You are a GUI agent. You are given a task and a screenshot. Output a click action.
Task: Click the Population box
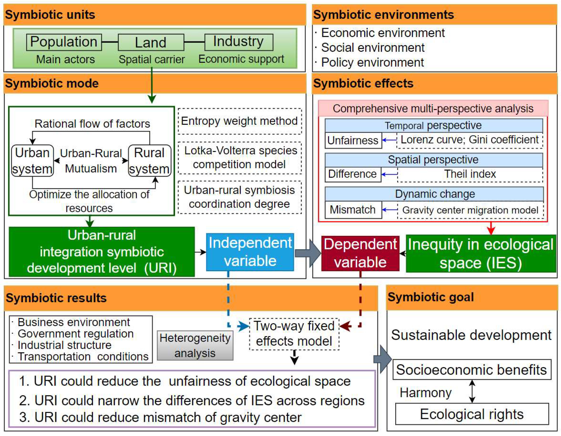pyautogui.click(x=64, y=42)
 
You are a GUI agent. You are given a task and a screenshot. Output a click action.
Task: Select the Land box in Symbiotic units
pyautogui.click(x=151, y=42)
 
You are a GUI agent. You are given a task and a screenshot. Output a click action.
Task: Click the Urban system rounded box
pyautogui.click(x=32, y=161)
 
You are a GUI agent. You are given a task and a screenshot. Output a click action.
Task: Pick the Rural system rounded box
pyautogui.click(x=149, y=161)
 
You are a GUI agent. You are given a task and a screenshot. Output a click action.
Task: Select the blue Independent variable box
pyautogui.click(x=250, y=252)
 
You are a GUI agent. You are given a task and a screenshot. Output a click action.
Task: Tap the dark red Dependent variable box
pyautogui.click(x=360, y=253)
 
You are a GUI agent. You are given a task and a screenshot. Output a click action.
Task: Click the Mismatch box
pyautogui.click(x=353, y=210)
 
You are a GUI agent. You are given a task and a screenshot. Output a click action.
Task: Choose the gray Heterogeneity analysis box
pyautogui.click(x=195, y=345)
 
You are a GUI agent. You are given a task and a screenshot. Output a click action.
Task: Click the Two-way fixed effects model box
pyautogui.click(x=294, y=334)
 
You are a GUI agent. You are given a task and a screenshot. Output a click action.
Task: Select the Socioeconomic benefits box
pyautogui.click(x=472, y=370)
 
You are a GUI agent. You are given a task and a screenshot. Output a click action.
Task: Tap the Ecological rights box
pyautogui.click(x=472, y=414)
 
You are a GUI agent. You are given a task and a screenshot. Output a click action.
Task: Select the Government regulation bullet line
pyautogui.click(x=75, y=334)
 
